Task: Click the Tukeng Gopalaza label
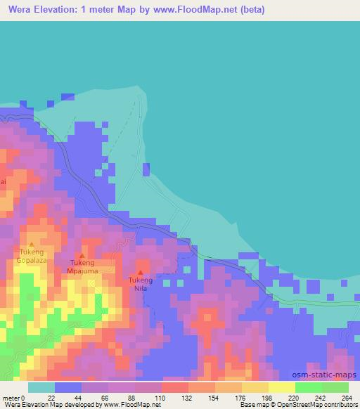(31, 255)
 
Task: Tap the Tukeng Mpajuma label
(82, 266)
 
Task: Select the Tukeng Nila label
(140, 283)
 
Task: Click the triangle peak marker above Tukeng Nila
(141, 272)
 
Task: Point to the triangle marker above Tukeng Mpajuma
(82, 256)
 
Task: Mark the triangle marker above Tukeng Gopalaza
(31, 245)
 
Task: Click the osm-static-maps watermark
(328, 376)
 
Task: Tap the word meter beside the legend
(11, 398)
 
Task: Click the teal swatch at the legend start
(41, 387)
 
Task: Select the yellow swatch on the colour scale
(282, 387)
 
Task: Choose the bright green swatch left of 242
(309, 387)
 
